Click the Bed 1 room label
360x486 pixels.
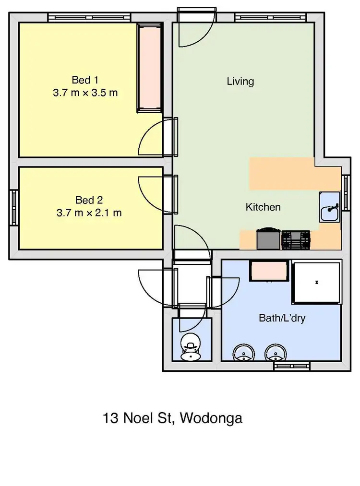coord(85,79)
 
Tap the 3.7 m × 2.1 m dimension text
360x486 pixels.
coord(89,212)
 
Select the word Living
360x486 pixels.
coord(240,82)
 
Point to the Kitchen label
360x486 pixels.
coord(263,207)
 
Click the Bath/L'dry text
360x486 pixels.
coord(282,318)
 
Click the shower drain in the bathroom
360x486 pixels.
coord(317,282)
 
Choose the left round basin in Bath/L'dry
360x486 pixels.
coord(243,354)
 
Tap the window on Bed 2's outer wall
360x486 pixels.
coord(14,207)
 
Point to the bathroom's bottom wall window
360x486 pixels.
coord(292,366)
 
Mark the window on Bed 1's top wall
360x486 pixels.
coord(89,17)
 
